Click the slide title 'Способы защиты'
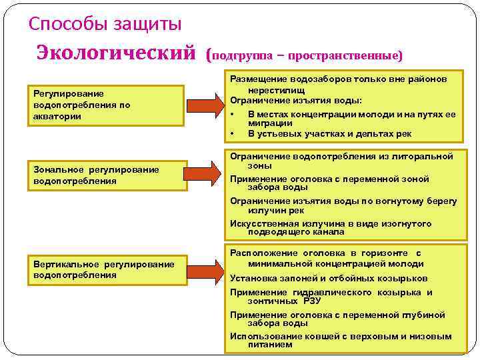(105, 25)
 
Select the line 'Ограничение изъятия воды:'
(297, 100)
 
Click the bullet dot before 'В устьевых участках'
(233, 133)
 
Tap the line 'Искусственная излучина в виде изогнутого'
(331, 224)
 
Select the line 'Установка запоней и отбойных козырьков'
(329, 279)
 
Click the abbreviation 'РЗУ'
(311, 301)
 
